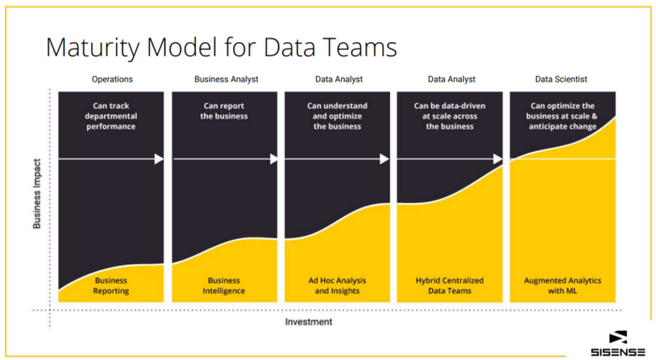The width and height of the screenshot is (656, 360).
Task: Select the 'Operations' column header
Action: click(112, 80)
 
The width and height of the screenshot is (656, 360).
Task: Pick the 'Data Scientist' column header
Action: click(561, 80)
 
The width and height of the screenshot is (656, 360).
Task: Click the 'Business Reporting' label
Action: click(112, 285)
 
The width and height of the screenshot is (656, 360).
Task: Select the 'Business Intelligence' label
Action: click(224, 285)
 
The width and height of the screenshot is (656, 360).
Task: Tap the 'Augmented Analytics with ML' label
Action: click(561, 285)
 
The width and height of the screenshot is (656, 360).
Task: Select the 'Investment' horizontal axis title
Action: click(308, 322)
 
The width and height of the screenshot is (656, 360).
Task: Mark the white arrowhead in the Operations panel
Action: click(159, 159)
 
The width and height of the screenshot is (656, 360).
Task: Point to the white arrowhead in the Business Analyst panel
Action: click(274, 159)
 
